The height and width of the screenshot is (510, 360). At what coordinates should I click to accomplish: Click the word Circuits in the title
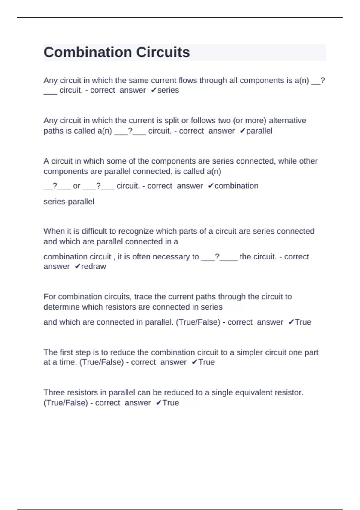(x=163, y=52)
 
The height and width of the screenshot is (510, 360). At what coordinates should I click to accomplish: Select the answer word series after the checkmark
(x=168, y=90)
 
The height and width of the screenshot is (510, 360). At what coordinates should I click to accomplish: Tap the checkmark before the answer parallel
(x=243, y=131)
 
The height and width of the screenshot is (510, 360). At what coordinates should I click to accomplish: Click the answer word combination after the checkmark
(x=236, y=186)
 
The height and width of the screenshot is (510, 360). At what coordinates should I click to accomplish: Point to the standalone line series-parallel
(x=69, y=202)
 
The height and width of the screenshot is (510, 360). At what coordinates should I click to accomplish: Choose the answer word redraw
(x=94, y=266)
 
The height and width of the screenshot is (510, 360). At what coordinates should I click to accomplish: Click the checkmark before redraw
(x=77, y=266)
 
